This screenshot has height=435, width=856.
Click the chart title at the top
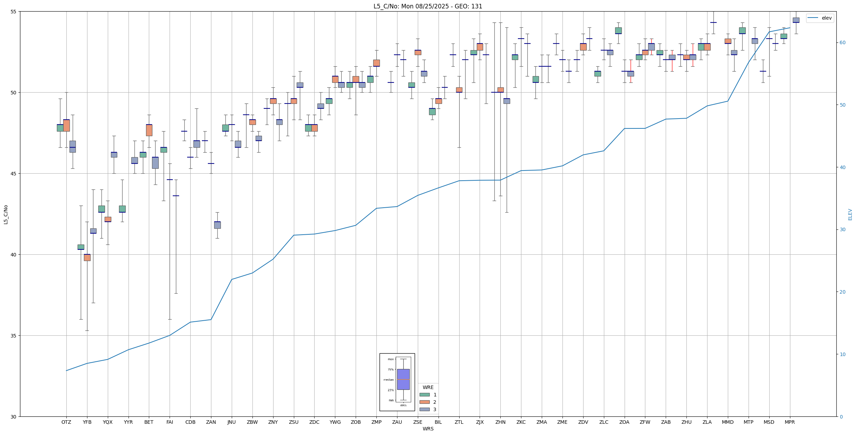tap(428, 6)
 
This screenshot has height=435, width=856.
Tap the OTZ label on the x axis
tap(66, 422)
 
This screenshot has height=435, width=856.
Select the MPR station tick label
tap(790, 422)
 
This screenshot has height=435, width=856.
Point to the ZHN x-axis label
tap(500, 422)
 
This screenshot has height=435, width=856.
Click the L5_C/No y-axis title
tap(6, 214)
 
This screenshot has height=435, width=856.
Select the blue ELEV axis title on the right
tap(850, 214)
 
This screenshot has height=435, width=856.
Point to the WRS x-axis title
tap(428, 429)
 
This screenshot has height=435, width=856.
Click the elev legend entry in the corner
tap(820, 18)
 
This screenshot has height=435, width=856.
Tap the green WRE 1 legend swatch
tap(424, 395)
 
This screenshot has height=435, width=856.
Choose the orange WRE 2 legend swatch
tap(424, 402)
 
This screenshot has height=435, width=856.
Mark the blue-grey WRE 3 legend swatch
tap(424, 409)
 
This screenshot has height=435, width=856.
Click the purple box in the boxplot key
tap(403, 379)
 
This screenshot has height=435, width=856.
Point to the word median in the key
tap(388, 380)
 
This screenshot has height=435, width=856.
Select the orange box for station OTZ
tap(66, 126)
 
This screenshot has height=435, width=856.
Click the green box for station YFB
tap(81, 247)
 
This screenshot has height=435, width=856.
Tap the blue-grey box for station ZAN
tap(217, 225)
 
